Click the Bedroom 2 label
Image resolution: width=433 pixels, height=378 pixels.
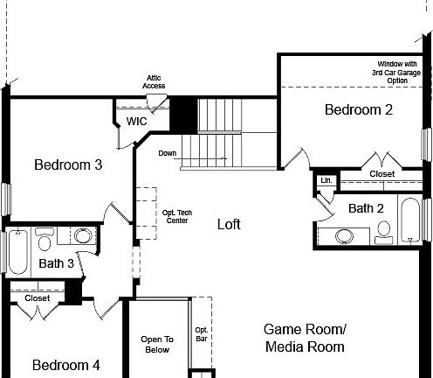pos(358,109)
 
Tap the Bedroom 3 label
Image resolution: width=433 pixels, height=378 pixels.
pos(68,164)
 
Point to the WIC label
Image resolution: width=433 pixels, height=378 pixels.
pos(137,122)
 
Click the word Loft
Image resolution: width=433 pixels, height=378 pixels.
pos(229,224)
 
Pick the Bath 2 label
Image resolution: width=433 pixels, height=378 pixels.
pos(366,208)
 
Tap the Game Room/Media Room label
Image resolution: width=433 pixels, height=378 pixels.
pos(305,338)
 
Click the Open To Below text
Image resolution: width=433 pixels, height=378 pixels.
pos(157,344)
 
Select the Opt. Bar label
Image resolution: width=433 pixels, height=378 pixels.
pos(202,332)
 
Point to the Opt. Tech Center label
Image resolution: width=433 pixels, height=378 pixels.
pos(176,215)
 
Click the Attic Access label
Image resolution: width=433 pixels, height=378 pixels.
pos(155,81)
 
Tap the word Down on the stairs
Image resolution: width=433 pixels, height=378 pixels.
pos(168,153)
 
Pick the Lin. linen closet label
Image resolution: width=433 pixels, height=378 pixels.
pos(326,180)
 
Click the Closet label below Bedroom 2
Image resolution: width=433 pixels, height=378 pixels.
pos(381,174)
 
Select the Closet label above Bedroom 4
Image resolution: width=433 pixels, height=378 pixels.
pos(37,298)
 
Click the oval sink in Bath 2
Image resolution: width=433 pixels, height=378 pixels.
pos(346,235)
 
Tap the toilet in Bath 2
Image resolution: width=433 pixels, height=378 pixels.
pos(383,232)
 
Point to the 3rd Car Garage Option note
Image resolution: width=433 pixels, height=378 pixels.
pos(396,73)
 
